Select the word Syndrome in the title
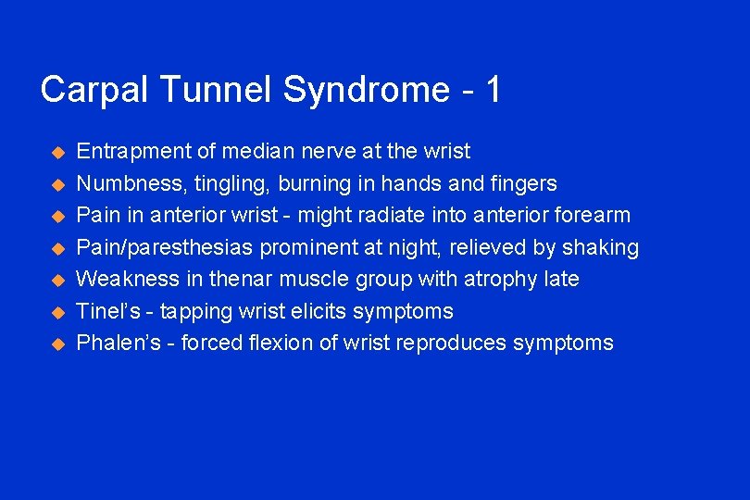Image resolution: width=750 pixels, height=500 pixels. (367, 91)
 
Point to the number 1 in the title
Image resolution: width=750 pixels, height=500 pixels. (493, 90)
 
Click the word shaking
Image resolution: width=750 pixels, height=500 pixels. (603, 247)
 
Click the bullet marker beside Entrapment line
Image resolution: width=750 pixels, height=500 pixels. (56, 152)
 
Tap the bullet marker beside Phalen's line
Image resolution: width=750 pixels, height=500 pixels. (56, 344)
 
